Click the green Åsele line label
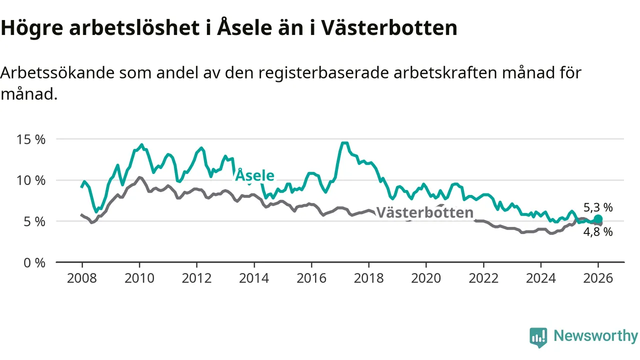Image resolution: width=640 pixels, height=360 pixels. coord(255,175)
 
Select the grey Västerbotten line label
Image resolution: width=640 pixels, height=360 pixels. coord(424,212)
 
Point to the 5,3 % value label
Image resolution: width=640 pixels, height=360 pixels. coord(598,207)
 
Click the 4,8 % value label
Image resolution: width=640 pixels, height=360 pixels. coord(598,231)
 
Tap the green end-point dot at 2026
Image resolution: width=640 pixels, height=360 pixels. coord(598,219)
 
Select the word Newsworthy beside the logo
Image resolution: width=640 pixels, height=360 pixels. coord(595,336)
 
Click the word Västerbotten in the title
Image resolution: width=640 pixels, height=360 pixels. coord(388,28)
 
